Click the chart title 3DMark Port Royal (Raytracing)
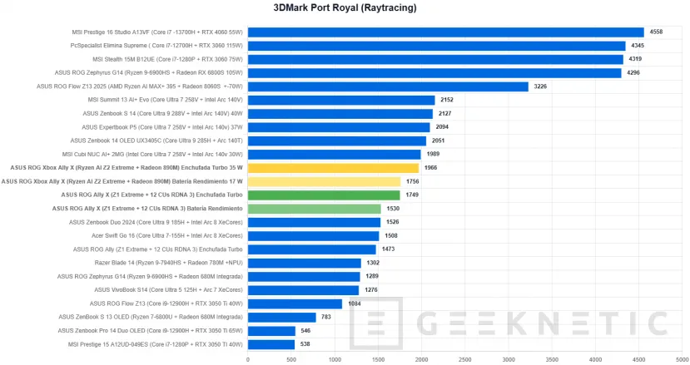point(345,8)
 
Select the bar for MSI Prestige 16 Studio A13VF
point(445,32)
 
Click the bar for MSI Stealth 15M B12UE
point(435,59)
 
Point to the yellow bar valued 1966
point(333,167)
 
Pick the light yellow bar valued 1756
point(324,181)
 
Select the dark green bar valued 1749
point(324,195)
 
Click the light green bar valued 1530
point(314,208)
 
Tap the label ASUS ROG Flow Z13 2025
point(140,86)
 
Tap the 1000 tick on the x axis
point(335,360)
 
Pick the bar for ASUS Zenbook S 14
point(340,113)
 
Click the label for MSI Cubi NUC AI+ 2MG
point(153,154)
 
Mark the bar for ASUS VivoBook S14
point(303,289)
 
